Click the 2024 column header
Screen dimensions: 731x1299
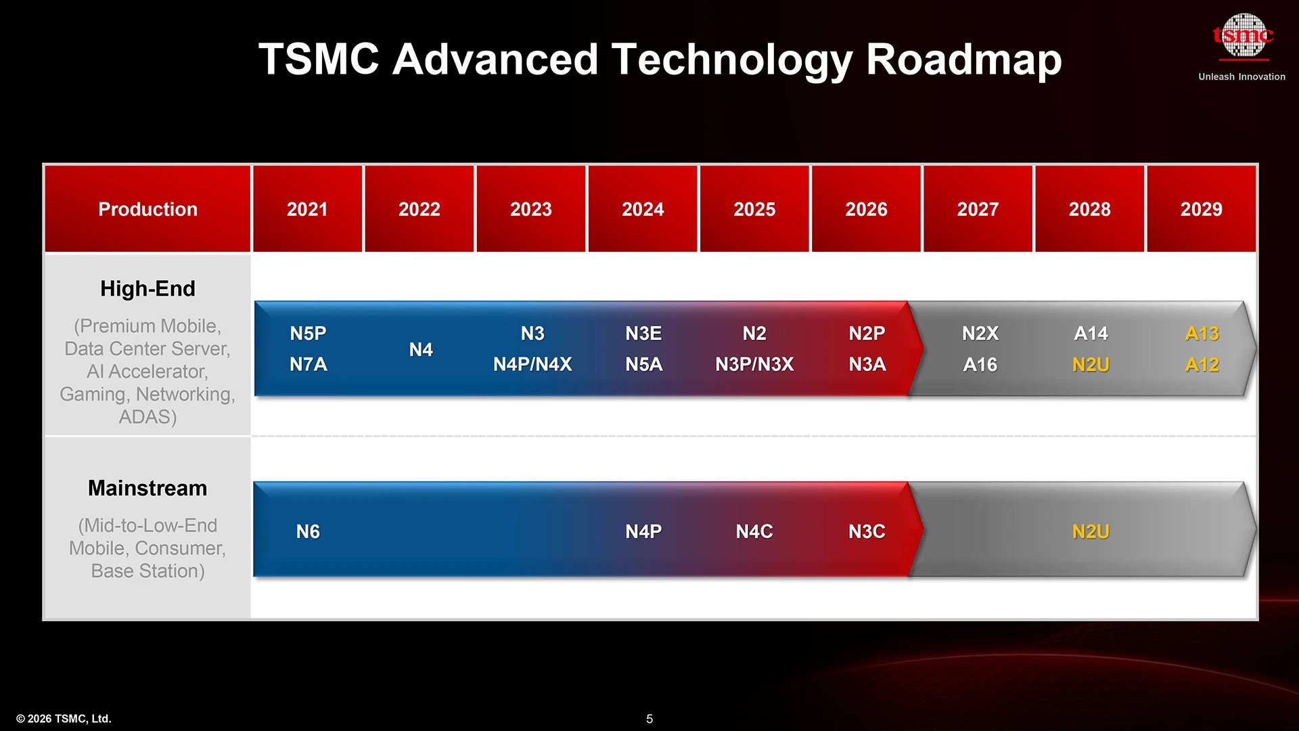[x=643, y=209]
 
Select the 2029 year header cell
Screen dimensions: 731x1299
[x=1201, y=209]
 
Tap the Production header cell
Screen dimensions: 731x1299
[x=147, y=209]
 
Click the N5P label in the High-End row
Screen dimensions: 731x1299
[x=308, y=333]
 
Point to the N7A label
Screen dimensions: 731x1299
[x=308, y=364]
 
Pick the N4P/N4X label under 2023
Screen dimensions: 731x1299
[x=532, y=364]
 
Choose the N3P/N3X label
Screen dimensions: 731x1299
[x=754, y=364]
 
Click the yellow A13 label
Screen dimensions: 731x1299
[x=1202, y=333]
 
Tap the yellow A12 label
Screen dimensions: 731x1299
[x=1202, y=364]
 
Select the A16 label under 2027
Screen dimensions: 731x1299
[x=980, y=364]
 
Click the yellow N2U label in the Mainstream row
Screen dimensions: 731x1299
[x=1091, y=531]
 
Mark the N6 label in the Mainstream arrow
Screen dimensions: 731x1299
[x=308, y=531]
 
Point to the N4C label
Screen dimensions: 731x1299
[x=754, y=531]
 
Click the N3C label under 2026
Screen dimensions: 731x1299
[x=867, y=531]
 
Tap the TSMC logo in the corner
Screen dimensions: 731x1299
[x=1243, y=35]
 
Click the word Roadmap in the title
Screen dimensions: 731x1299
[x=963, y=60]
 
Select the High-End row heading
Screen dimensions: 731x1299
[x=147, y=289]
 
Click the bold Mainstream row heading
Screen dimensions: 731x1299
[x=147, y=488]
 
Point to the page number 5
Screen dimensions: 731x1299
[x=649, y=719]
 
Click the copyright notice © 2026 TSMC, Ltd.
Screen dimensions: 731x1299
[x=64, y=719]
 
